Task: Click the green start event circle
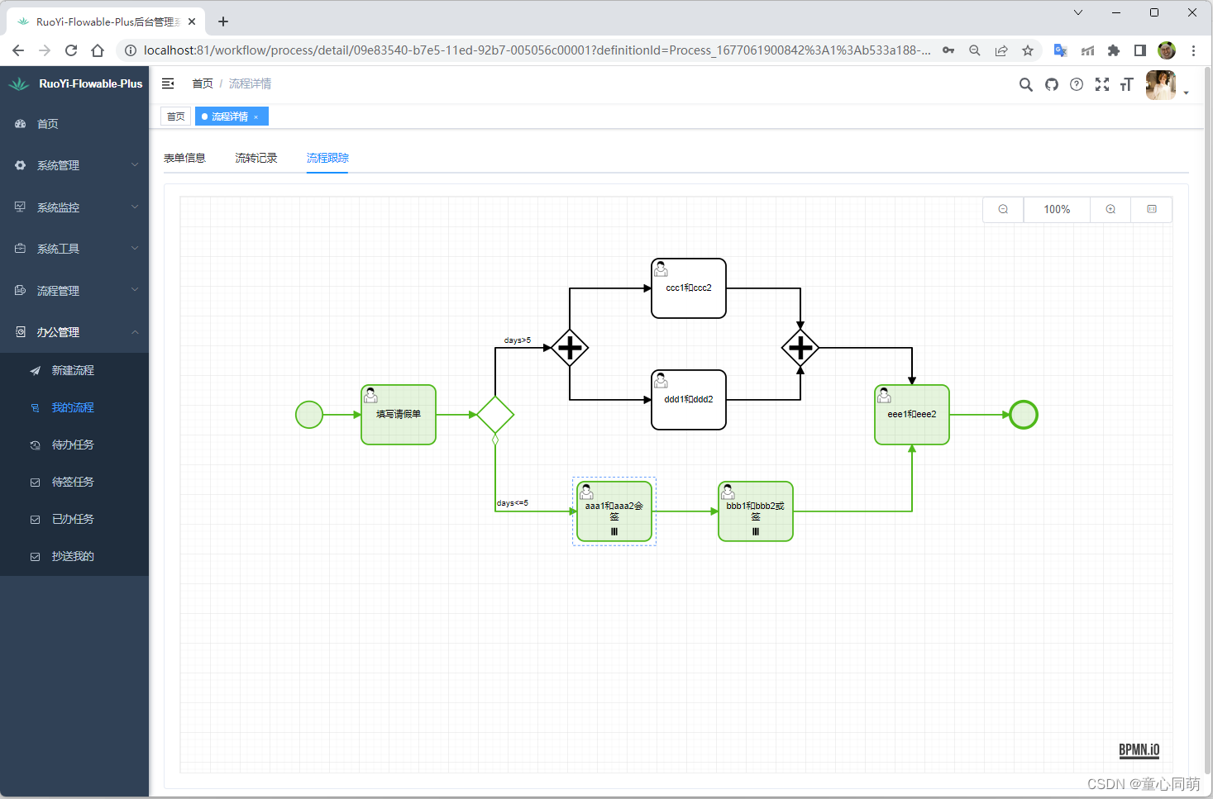tap(309, 415)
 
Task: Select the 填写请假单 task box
tap(399, 415)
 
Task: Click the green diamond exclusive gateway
tap(495, 415)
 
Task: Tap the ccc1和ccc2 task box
tap(689, 288)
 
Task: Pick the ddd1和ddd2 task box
tap(689, 400)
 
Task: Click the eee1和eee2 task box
tap(912, 415)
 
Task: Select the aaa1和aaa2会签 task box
tap(614, 511)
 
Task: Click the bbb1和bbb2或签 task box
tap(756, 511)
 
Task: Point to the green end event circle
tap(1024, 415)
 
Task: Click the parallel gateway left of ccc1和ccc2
tap(570, 348)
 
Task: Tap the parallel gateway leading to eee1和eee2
tap(800, 348)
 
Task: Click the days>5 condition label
tap(518, 340)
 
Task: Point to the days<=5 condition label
tap(513, 503)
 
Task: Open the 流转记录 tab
tap(256, 158)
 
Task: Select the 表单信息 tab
tap(184, 158)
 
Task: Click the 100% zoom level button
tap(1057, 210)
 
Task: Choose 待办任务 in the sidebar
tap(73, 445)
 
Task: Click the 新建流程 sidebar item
tap(73, 370)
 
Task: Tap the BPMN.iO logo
tap(1139, 750)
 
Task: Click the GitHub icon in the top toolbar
tap(1052, 84)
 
